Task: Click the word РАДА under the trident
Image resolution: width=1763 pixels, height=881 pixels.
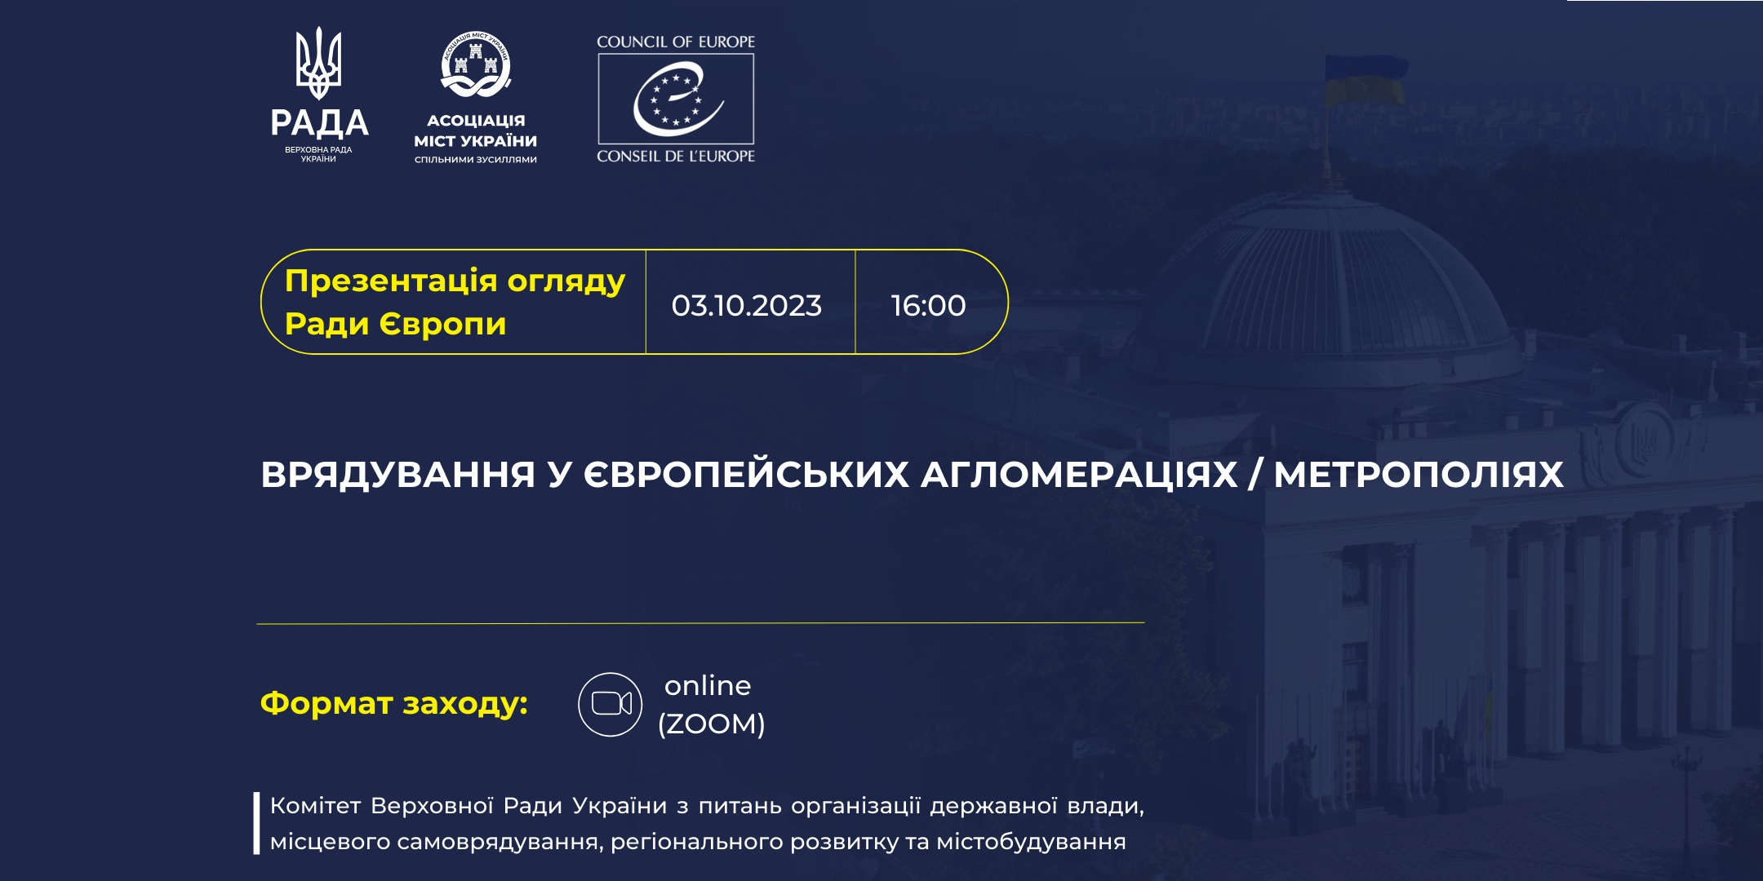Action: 319,123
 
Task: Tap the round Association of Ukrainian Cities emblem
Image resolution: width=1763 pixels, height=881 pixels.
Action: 476,65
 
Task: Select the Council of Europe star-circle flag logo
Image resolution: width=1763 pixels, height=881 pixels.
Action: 676,99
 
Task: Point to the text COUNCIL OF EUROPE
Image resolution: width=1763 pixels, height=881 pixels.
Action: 676,42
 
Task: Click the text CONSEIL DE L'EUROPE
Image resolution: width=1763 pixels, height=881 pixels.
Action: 676,156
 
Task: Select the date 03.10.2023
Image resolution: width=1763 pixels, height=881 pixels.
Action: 747,305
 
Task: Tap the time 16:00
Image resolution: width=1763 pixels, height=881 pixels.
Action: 928,305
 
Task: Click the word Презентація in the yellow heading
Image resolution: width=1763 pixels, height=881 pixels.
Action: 391,281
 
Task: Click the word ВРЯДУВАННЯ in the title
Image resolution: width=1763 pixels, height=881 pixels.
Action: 398,475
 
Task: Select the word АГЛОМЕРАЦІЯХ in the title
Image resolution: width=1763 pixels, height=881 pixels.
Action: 1079,475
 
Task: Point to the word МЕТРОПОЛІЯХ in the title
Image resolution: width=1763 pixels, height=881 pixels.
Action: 1419,475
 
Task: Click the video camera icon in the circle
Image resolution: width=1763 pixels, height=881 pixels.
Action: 611,704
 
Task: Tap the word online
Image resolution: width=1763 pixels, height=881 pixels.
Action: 708,685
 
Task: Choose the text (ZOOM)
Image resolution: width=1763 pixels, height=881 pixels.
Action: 712,724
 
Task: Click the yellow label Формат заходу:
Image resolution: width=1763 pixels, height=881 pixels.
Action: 394,703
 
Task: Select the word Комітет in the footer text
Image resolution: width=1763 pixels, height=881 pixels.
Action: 315,806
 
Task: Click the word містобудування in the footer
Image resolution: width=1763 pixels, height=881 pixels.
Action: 1031,842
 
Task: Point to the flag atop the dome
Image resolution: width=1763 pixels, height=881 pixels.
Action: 1365,80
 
